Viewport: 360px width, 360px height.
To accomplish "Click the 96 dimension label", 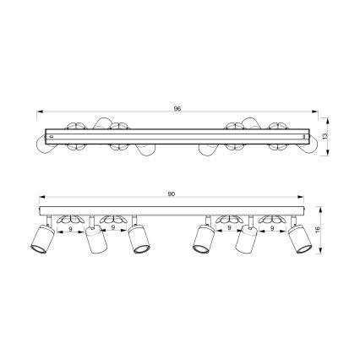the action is tap(177, 108).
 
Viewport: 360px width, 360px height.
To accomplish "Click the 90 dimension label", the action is tap(172, 194).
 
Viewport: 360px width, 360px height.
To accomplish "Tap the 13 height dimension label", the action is tap(325, 136).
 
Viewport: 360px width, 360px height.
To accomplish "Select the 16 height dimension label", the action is tap(317, 229).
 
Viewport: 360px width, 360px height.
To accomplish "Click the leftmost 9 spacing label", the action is tap(70, 229).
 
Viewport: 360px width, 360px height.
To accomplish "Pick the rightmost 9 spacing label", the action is tap(272, 228).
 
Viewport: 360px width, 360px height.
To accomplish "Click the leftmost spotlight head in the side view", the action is tap(42, 239).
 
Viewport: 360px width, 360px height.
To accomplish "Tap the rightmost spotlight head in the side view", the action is tap(300, 239).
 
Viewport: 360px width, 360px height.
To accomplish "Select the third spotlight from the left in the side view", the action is tap(139, 239).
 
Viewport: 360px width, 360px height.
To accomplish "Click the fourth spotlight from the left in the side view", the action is tap(204, 239).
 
